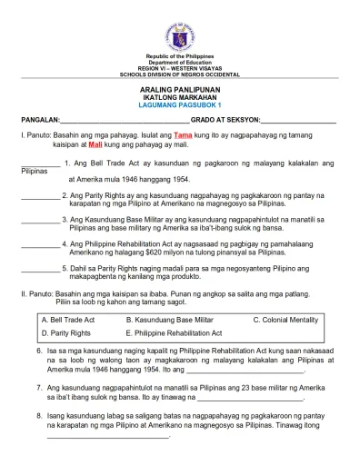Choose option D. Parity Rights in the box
tap(66, 334)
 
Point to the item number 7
tap(39, 386)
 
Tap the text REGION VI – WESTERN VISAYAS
tap(179, 68)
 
